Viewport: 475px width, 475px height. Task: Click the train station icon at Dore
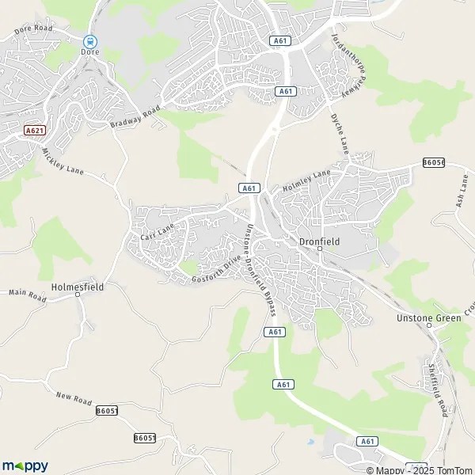(91, 40)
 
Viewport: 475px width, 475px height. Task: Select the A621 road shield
(32, 131)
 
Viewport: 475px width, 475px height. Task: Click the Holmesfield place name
(78, 286)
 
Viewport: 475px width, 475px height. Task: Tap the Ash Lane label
(462, 192)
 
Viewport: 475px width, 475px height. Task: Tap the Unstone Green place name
(428, 318)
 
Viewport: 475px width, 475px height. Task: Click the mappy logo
(25, 465)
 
